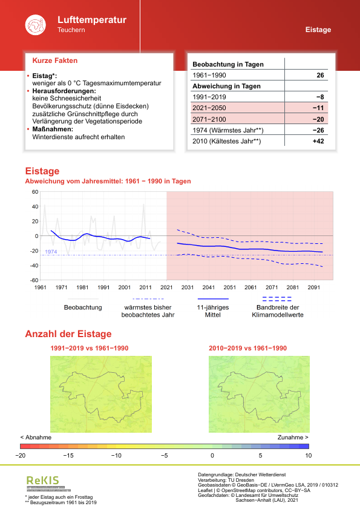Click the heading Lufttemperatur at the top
tap(92, 20)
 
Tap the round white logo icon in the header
tap(35, 25)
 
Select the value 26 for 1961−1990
tap(320, 76)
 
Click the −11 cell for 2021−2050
tap(318, 108)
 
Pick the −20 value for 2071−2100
tap(318, 119)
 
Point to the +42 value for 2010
tap(318, 141)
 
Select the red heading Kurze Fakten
tap(54, 61)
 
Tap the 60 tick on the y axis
tap(34, 192)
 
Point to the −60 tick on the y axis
tap(34, 280)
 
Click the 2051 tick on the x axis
tap(229, 288)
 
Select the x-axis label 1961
tap(41, 288)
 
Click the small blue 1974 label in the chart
tap(51, 251)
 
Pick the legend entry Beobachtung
tap(83, 307)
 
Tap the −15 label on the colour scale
tap(68, 455)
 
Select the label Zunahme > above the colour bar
tap(293, 436)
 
